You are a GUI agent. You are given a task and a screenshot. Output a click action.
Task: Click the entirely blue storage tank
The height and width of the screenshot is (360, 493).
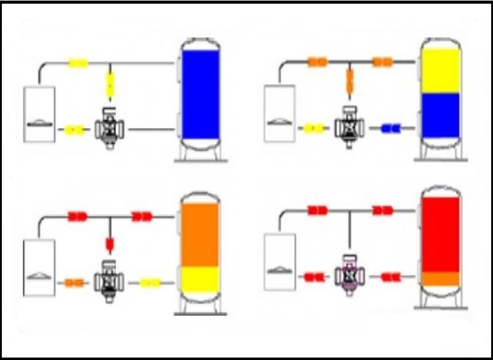(x=200, y=95)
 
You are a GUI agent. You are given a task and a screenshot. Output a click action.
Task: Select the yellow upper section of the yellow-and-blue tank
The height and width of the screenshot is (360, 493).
(x=440, y=70)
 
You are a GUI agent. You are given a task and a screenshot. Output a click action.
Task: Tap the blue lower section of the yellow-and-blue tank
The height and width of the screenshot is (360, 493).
(x=440, y=115)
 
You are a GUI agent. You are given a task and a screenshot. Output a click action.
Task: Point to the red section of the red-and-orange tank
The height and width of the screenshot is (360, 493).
(x=440, y=233)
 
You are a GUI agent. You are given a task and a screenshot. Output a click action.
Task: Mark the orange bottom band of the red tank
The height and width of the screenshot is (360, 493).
(x=440, y=279)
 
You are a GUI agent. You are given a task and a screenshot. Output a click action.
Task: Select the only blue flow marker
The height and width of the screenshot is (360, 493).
(x=390, y=129)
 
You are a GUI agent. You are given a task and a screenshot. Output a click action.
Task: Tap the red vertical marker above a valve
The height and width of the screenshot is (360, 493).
(x=110, y=244)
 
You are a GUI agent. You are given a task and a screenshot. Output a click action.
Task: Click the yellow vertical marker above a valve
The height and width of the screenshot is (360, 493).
(x=110, y=85)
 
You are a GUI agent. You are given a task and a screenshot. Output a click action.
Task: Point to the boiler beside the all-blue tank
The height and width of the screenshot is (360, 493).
(x=39, y=114)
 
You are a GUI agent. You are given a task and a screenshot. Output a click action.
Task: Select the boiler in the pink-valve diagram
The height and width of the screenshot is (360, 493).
(x=279, y=261)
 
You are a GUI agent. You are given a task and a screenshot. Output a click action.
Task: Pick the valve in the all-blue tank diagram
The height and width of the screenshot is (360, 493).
(x=110, y=128)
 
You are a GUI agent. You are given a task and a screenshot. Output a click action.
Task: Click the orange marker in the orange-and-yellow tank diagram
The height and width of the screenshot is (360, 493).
(x=74, y=283)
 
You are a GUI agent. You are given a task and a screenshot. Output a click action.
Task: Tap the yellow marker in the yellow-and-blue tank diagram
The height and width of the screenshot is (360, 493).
(x=314, y=129)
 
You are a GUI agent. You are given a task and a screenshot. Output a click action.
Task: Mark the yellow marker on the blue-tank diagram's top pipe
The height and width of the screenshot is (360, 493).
(x=78, y=63)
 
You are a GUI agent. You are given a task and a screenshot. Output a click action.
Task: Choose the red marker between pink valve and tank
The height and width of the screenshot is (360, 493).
(x=390, y=277)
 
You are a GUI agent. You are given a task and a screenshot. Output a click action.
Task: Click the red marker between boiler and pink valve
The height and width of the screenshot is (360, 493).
(x=314, y=277)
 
